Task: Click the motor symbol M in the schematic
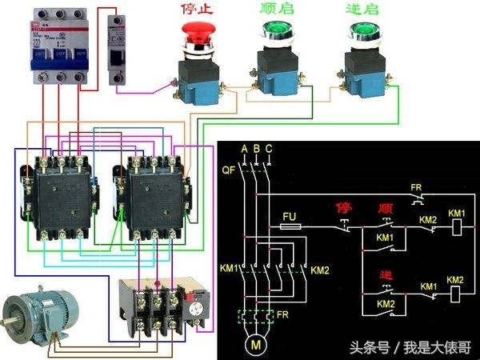point(256,345)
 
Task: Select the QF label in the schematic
point(229,170)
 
